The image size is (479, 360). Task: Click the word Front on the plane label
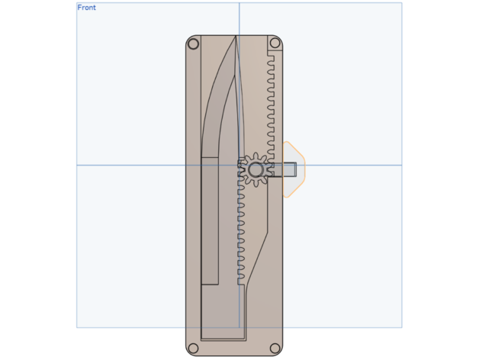pos(86,8)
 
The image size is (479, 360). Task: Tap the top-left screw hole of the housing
pos(193,43)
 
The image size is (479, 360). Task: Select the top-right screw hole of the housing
pos(275,43)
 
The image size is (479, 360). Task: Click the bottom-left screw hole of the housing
pos(193,348)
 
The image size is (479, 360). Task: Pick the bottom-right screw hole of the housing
pos(275,348)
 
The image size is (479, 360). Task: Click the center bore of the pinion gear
pos(256,169)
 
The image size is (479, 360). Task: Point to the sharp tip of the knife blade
pos(236,36)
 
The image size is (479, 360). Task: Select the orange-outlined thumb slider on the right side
pos(294,169)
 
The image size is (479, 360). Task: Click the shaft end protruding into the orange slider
pos(290,169)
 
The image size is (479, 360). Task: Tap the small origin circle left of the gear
pos(239,166)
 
